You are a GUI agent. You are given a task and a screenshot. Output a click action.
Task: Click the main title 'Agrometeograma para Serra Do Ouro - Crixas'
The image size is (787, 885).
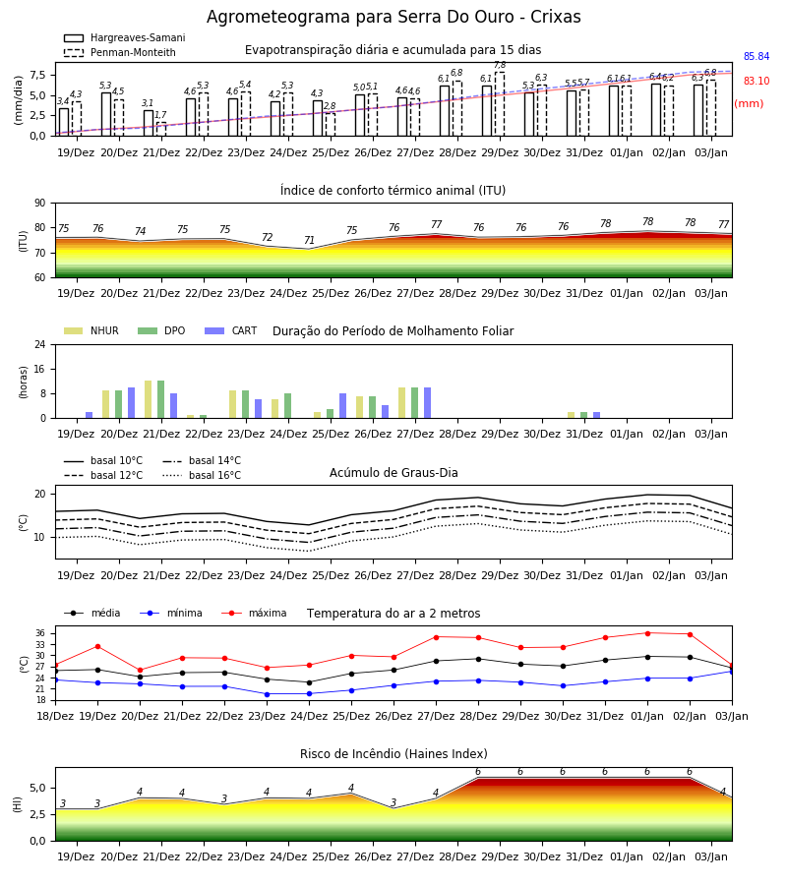pos(393,17)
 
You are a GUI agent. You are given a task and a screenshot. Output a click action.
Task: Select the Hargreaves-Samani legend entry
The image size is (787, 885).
pos(124,37)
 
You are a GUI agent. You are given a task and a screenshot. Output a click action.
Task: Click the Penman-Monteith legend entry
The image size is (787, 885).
pos(120,52)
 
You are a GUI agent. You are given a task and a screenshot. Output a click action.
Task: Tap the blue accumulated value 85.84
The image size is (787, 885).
pos(757,56)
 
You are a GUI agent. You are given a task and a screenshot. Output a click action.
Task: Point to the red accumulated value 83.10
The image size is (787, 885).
pos(757,81)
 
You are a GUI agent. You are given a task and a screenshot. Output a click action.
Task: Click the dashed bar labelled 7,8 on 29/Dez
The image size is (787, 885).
pos(500,104)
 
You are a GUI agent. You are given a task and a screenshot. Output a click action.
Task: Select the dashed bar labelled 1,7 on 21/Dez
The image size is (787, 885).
pos(161,129)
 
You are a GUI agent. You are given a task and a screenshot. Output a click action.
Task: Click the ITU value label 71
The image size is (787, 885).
pos(309,241)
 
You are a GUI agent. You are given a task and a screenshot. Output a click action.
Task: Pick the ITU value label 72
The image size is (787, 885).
pos(267,238)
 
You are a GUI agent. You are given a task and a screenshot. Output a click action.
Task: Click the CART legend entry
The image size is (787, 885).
pos(230,330)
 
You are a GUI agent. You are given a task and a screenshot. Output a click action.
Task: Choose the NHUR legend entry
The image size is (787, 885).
pos(91,330)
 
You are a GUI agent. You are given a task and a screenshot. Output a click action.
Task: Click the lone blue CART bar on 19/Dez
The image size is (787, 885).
pos(90,415)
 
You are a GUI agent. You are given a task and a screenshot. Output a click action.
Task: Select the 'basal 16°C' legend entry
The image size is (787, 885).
pos(202,475)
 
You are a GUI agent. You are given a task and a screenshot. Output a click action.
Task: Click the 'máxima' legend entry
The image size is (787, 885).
pos(254,613)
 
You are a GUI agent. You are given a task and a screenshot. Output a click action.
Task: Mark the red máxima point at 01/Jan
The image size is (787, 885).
pos(647,633)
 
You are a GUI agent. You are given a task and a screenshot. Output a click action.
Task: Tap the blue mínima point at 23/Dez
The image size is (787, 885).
pos(267,694)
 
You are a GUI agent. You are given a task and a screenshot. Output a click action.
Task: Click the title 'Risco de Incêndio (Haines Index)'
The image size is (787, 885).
pos(393,754)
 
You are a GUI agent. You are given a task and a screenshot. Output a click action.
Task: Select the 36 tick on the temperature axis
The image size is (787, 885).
pos(40,633)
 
